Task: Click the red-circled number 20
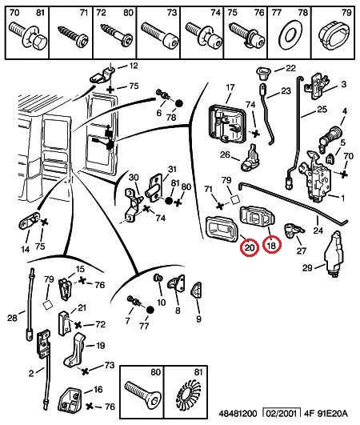tap(250, 247)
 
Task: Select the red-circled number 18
tap(271, 245)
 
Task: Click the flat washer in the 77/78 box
tap(290, 36)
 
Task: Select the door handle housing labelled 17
tap(227, 123)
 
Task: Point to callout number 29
tap(308, 268)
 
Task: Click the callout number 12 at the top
tap(133, 66)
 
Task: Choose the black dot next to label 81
tap(169, 201)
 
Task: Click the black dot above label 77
tap(150, 311)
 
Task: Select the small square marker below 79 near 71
tap(235, 200)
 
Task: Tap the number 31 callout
tap(172, 170)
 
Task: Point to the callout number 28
tap(13, 319)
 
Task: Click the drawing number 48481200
tap(238, 414)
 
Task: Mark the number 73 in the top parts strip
tap(171, 13)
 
